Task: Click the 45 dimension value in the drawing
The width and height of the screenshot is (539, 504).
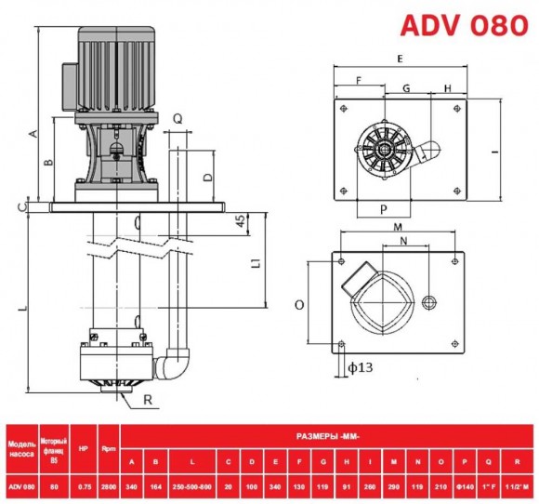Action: [240, 221]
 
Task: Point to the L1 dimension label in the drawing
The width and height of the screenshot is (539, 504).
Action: [256, 263]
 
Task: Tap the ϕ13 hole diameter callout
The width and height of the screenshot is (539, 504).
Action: [359, 368]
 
